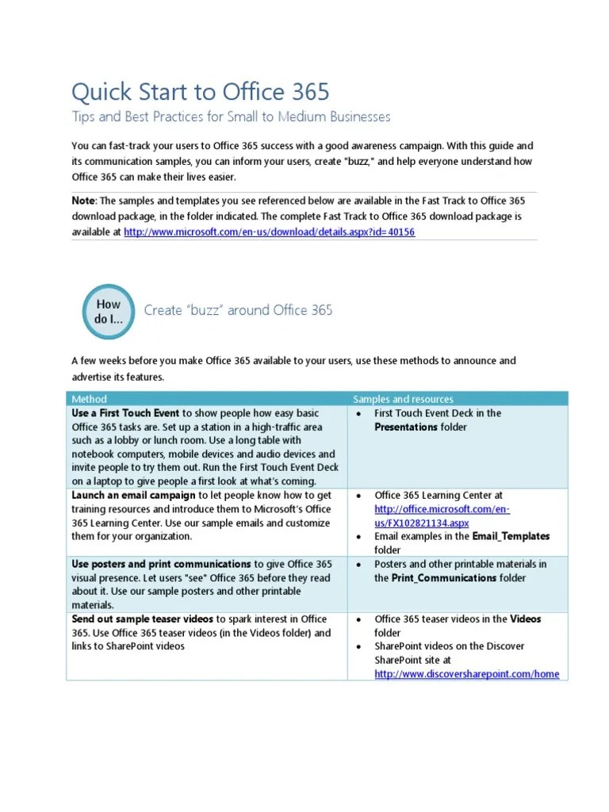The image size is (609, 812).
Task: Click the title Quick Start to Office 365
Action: [x=200, y=92]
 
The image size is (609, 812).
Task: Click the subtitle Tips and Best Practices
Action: [x=231, y=117]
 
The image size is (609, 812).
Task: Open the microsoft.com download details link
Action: [x=270, y=232]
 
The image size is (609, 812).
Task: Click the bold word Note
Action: [x=83, y=201]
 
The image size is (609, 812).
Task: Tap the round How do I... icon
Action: [x=109, y=312]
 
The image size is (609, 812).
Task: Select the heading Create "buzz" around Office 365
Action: [x=238, y=310]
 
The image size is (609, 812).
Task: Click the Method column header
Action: [x=89, y=399]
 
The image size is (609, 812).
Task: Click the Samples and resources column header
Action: [x=403, y=399]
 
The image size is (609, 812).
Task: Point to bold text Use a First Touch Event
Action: [x=125, y=413]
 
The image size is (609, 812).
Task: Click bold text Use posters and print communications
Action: [x=162, y=565]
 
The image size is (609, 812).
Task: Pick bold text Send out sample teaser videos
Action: [x=143, y=619]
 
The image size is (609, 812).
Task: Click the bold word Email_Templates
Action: [x=510, y=537]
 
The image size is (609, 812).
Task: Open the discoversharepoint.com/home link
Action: [x=466, y=674]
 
